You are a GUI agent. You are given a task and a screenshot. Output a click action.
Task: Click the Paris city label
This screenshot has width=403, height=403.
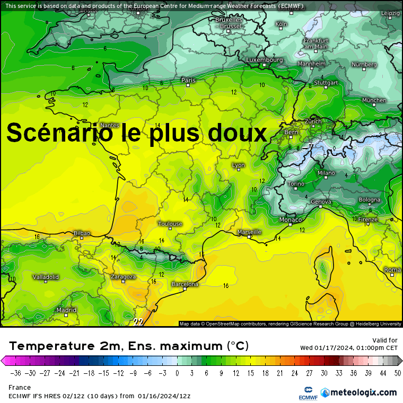tap(188, 81)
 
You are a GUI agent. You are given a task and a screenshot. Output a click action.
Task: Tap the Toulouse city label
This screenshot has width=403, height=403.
tap(170, 224)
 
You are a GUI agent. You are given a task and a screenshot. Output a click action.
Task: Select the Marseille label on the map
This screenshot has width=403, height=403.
tap(250, 232)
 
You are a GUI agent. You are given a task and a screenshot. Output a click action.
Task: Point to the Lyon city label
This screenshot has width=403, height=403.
tap(239, 165)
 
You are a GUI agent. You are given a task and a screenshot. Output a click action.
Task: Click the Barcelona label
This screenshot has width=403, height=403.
tap(185, 284)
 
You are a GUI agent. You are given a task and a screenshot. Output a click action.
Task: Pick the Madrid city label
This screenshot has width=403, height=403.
tap(66, 310)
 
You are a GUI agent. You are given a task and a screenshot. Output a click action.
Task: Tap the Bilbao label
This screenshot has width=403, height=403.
tap(82, 233)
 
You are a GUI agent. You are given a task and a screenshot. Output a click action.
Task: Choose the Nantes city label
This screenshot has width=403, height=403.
tap(110, 125)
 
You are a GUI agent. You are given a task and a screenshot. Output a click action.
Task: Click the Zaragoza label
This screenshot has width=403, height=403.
tap(123, 277)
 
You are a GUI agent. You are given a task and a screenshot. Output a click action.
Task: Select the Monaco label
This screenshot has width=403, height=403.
tap(291, 220)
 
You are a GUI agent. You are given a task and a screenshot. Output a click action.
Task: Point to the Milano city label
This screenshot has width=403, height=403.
tap(326, 173)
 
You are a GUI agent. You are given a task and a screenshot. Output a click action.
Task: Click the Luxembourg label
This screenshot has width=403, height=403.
tap(265, 60)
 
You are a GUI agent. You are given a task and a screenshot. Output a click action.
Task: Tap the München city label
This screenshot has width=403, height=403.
tap(374, 100)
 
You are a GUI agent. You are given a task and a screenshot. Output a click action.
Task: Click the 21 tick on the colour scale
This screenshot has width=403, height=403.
tap(279, 372)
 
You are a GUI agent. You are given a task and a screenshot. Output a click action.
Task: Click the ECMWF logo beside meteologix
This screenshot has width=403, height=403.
tap(304, 392)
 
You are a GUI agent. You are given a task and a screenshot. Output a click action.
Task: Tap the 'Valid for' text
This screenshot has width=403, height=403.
tap(386, 340)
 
